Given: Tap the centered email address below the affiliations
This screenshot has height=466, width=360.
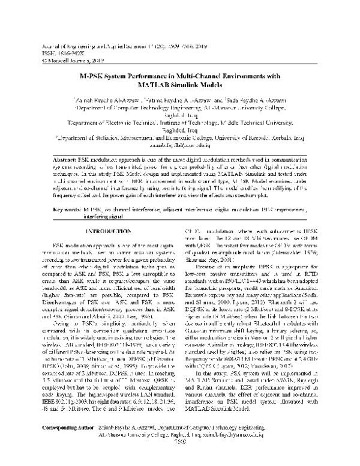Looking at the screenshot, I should (180, 145).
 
